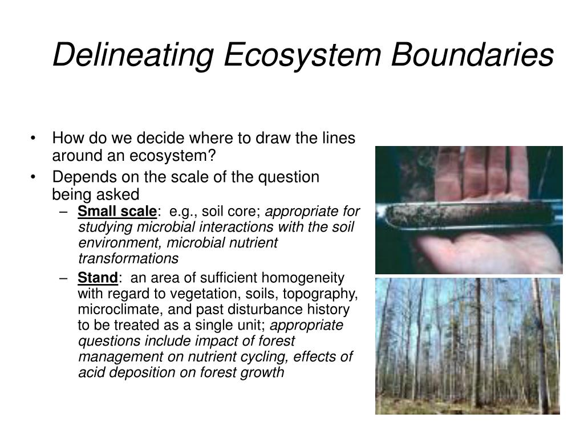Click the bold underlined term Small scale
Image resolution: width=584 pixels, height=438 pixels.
point(117,212)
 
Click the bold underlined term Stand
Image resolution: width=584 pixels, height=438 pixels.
point(98,278)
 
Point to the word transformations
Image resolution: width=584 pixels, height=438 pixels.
point(128,259)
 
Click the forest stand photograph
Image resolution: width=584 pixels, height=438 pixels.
point(468,346)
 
